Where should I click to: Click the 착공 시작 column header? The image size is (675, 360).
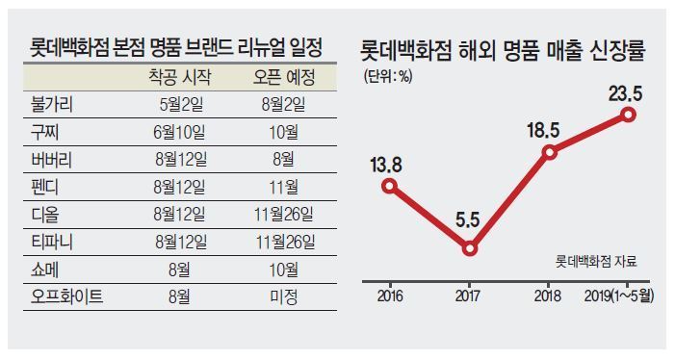click(179, 77)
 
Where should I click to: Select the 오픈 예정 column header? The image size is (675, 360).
click(284, 77)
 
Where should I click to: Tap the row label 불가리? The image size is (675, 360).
click(52, 105)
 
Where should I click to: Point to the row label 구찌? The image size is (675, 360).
click(44, 132)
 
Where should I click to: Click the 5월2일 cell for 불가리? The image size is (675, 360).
click(181, 105)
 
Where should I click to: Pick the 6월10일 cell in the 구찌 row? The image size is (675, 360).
click(179, 132)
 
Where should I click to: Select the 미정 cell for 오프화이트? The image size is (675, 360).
click(284, 296)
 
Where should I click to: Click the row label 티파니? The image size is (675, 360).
click(52, 242)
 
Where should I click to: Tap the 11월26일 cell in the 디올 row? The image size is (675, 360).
click(284, 215)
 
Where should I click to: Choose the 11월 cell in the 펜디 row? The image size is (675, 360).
click(284, 187)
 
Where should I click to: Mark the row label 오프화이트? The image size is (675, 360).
click(66, 296)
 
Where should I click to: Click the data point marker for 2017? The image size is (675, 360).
click(469, 249)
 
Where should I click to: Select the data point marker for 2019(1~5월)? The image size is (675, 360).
click(629, 115)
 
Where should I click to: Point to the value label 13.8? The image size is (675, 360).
click(386, 166)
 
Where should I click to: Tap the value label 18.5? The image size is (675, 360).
click(543, 130)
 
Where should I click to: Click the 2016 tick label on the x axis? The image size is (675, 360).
click(390, 296)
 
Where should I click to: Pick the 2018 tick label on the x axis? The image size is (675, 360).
click(548, 296)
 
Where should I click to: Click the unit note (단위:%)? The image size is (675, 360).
click(388, 77)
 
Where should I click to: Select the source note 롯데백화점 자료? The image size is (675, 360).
click(596, 262)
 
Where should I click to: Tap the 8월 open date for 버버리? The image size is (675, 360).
click(284, 160)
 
